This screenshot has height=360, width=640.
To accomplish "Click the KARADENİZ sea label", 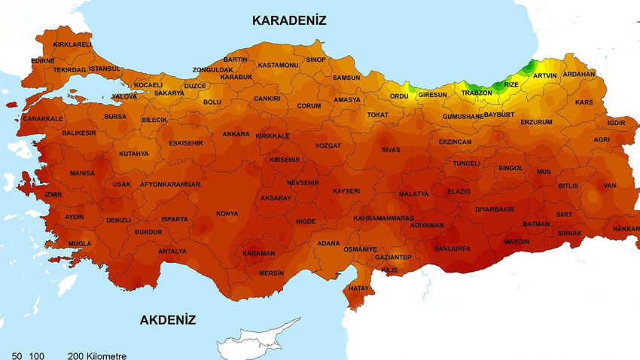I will pos(289,20).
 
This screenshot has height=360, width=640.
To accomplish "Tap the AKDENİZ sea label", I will pos(167,320).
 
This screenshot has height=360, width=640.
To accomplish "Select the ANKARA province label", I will pos(236,135).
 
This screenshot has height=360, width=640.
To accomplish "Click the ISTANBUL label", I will pos(105,69).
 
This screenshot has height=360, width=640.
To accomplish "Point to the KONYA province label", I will pos(227,214).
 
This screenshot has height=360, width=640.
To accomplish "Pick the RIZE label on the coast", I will pos(511,84).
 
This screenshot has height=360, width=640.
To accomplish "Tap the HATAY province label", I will pos(359,288).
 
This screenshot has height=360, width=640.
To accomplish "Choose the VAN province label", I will pos(609,186).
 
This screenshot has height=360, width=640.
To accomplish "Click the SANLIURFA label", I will pos(452,249).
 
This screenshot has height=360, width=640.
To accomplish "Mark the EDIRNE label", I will pos(43,61).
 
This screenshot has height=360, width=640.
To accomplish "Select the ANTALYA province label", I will pos(172,252).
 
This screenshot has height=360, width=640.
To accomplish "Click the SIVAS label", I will pos(391,150).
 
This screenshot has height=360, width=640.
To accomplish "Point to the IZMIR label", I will pos(53,194).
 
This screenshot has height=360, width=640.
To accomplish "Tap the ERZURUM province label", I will pos(536,122).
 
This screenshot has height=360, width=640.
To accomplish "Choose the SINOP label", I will pos(315,59).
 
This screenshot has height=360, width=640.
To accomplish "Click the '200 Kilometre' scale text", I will pos(97,356).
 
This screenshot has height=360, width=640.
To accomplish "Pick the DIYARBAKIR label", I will pos(494,209).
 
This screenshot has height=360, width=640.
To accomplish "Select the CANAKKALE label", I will pos(43,119).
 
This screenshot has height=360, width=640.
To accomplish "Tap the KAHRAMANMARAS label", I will pos(383,218).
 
